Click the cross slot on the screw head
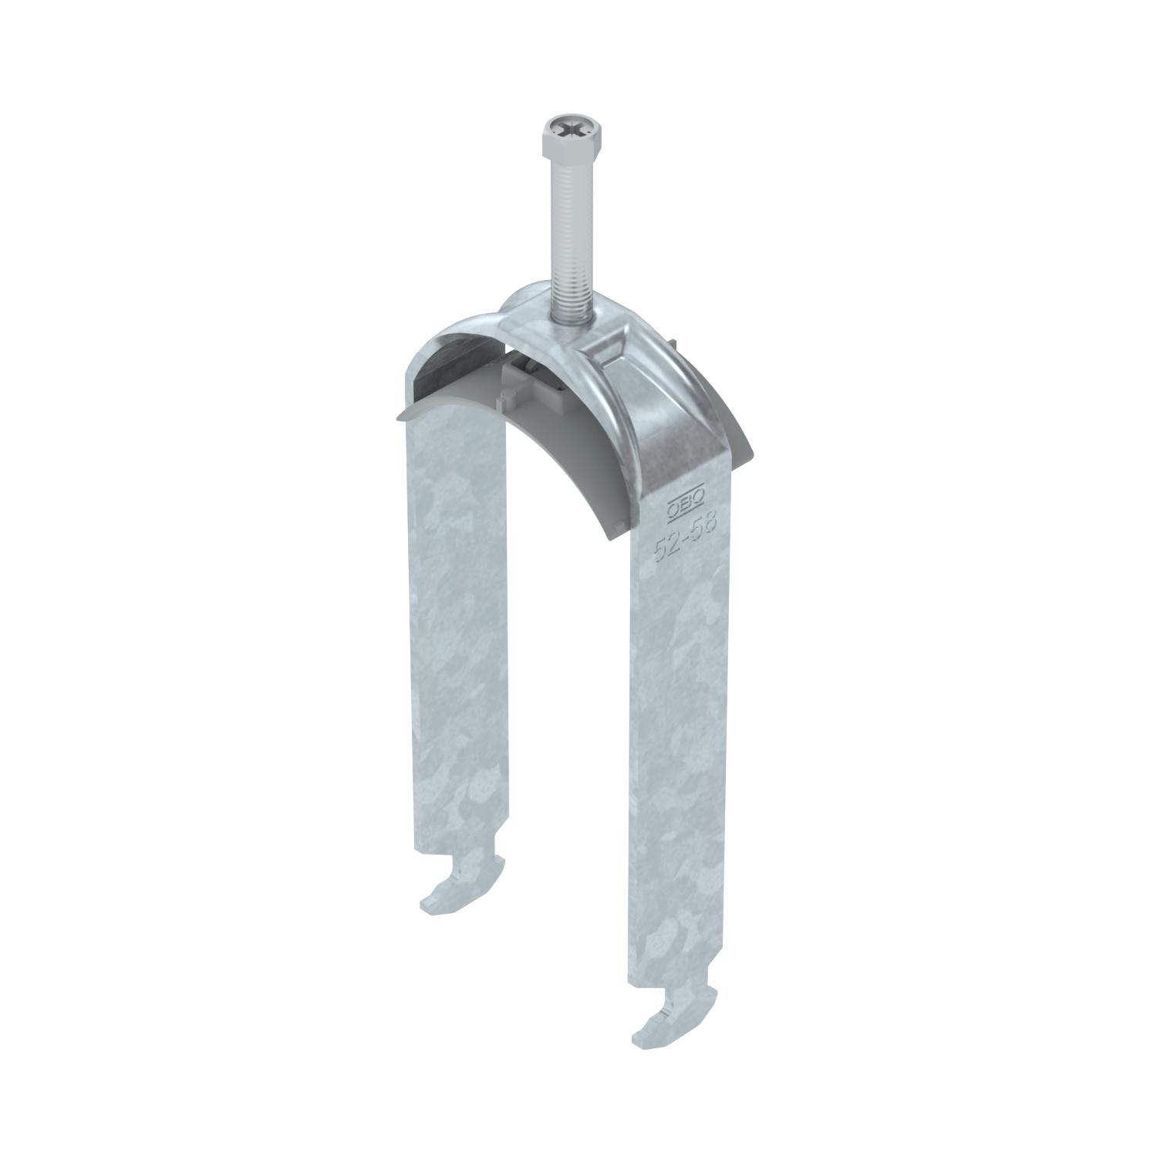pyautogui.click(x=568, y=128)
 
